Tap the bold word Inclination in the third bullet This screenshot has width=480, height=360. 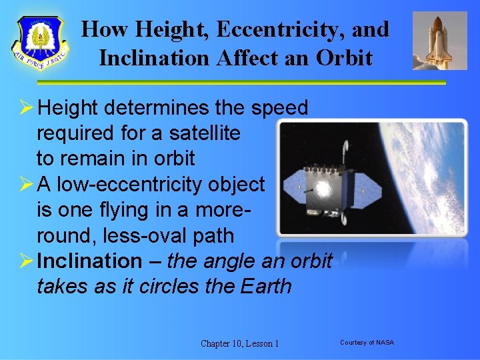point(90,261)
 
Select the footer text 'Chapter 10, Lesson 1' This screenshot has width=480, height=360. point(239,343)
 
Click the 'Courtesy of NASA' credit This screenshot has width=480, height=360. point(367,343)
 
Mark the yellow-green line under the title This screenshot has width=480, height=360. point(240,83)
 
